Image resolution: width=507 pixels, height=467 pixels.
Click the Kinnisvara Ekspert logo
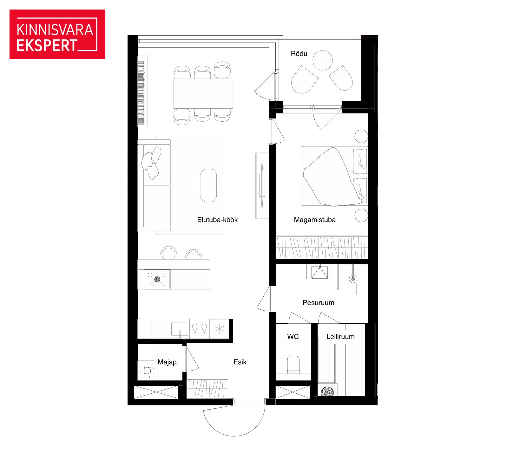coord(57,34)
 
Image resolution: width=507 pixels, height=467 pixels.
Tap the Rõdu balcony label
coord(299,53)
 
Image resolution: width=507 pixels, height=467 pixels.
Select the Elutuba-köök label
coord(217,220)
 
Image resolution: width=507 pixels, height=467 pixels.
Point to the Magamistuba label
coord(315,220)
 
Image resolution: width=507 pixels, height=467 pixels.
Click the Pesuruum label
coord(318,302)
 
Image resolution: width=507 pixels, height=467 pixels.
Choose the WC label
coord(293,336)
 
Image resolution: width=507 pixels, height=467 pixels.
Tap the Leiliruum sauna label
coord(340,336)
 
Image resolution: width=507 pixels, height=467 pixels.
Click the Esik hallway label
coord(240,362)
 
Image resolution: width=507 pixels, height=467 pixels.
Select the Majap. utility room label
coord(168,362)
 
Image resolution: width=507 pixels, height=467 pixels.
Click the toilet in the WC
coord(293,364)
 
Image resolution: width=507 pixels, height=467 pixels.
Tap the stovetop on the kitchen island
coord(157,279)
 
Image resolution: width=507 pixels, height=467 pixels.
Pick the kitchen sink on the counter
coord(180,329)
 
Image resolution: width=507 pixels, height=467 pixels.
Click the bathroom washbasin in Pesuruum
coord(319,272)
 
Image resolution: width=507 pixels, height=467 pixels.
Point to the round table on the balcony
coord(323,60)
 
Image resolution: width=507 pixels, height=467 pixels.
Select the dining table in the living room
coord(203,94)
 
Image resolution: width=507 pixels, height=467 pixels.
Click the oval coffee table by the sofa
coord(208,186)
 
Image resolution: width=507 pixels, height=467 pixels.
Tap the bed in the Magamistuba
coord(335,176)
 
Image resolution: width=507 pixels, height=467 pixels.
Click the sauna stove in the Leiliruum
coord(327,391)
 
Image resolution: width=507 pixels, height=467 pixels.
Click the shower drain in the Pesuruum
coord(353,279)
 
